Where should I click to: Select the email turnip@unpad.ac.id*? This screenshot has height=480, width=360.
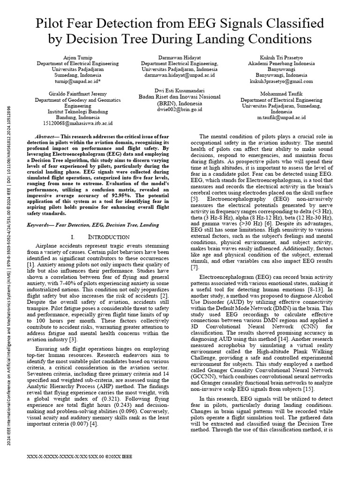tap(69, 81)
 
